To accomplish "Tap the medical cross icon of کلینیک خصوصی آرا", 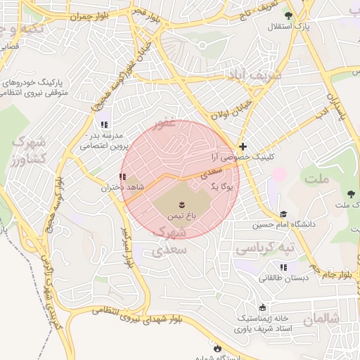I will coord(243,147).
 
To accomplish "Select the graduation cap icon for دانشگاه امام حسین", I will coord(283,214).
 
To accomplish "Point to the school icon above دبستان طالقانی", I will coord(283,267).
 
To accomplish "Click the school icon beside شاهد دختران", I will coord(124,176).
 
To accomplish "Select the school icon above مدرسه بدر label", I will coord(104,124).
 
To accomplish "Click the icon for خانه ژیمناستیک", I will coord(263,307).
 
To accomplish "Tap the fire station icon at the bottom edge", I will coord(217,348).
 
